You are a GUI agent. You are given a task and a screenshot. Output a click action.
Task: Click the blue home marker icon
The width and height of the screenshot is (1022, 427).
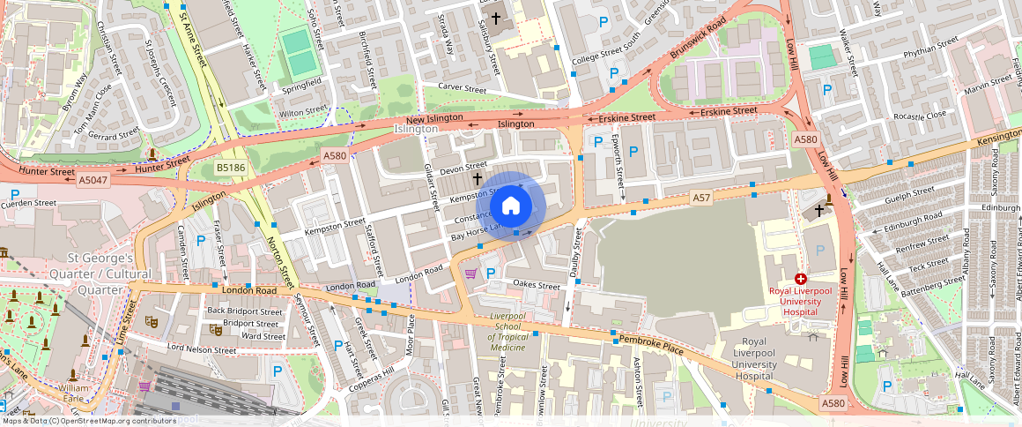[510, 206]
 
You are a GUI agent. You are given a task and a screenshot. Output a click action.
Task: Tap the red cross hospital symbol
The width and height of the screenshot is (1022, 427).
[801, 278]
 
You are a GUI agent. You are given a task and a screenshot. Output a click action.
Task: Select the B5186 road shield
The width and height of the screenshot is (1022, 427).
[231, 167]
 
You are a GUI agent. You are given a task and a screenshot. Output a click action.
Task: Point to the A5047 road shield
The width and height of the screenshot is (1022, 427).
[93, 179]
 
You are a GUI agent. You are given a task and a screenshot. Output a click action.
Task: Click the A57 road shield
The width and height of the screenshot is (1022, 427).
[701, 199]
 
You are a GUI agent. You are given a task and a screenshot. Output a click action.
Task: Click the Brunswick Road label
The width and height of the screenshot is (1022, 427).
[698, 38]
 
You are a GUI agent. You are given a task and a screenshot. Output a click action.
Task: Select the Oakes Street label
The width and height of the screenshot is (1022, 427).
[537, 286]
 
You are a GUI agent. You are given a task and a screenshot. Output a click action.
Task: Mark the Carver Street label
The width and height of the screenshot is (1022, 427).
[462, 89]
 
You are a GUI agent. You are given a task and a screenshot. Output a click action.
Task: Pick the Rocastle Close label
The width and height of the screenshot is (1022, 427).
[919, 116]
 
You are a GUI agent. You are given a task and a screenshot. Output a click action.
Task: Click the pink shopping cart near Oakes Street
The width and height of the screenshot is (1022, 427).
[470, 273]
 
